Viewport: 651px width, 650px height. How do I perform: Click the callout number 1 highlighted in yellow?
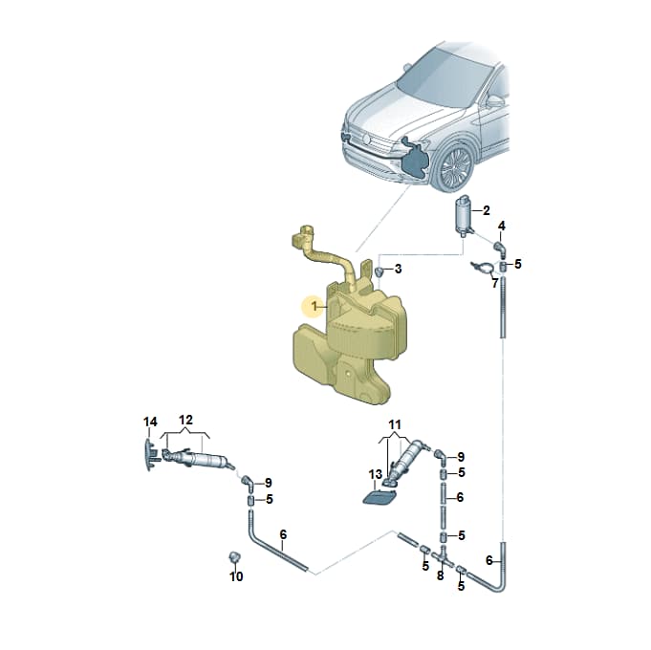click(315, 307)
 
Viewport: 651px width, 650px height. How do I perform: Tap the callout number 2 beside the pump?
click(487, 210)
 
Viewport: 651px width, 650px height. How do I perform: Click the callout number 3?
click(399, 269)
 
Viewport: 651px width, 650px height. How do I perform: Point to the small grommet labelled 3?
click(380, 271)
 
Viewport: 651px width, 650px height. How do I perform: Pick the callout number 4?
click(502, 227)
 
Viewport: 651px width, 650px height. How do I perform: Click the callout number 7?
click(494, 284)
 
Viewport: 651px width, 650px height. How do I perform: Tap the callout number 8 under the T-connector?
click(440, 575)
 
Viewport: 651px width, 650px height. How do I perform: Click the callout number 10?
click(236, 576)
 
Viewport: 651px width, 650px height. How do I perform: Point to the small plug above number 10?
click(234, 556)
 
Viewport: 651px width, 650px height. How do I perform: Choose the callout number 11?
click(395, 425)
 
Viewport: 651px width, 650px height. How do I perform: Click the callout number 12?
click(185, 420)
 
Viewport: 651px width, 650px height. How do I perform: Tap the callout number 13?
click(375, 473)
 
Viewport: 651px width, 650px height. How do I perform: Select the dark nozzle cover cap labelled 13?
click(380, 497)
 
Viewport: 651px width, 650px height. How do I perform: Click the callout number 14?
click(150, 422)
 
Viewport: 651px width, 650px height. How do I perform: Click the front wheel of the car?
click(455, 167)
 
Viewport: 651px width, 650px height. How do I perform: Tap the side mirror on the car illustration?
click(494, 101)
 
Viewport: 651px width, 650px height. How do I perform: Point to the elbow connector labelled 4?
click(500, 248)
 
